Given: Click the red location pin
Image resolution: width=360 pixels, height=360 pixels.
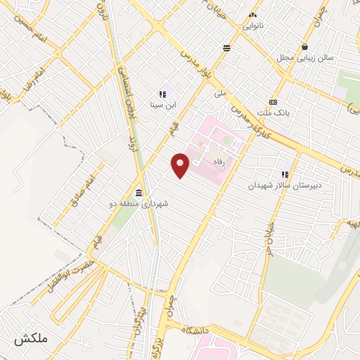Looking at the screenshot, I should tap(181, 165).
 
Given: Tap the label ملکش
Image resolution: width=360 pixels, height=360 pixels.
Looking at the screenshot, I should tap(30, 338).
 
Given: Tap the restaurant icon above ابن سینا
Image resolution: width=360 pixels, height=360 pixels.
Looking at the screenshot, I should tap(162, 94).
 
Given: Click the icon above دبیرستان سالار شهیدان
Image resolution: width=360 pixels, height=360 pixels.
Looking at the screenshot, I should tap(285, 174).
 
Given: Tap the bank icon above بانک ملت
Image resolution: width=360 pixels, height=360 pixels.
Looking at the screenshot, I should tap(273, 101).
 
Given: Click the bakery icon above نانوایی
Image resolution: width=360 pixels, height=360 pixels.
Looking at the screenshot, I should tap(253, 14).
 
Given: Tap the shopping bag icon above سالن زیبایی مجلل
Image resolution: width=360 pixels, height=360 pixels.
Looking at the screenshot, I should tap(304, 47).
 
